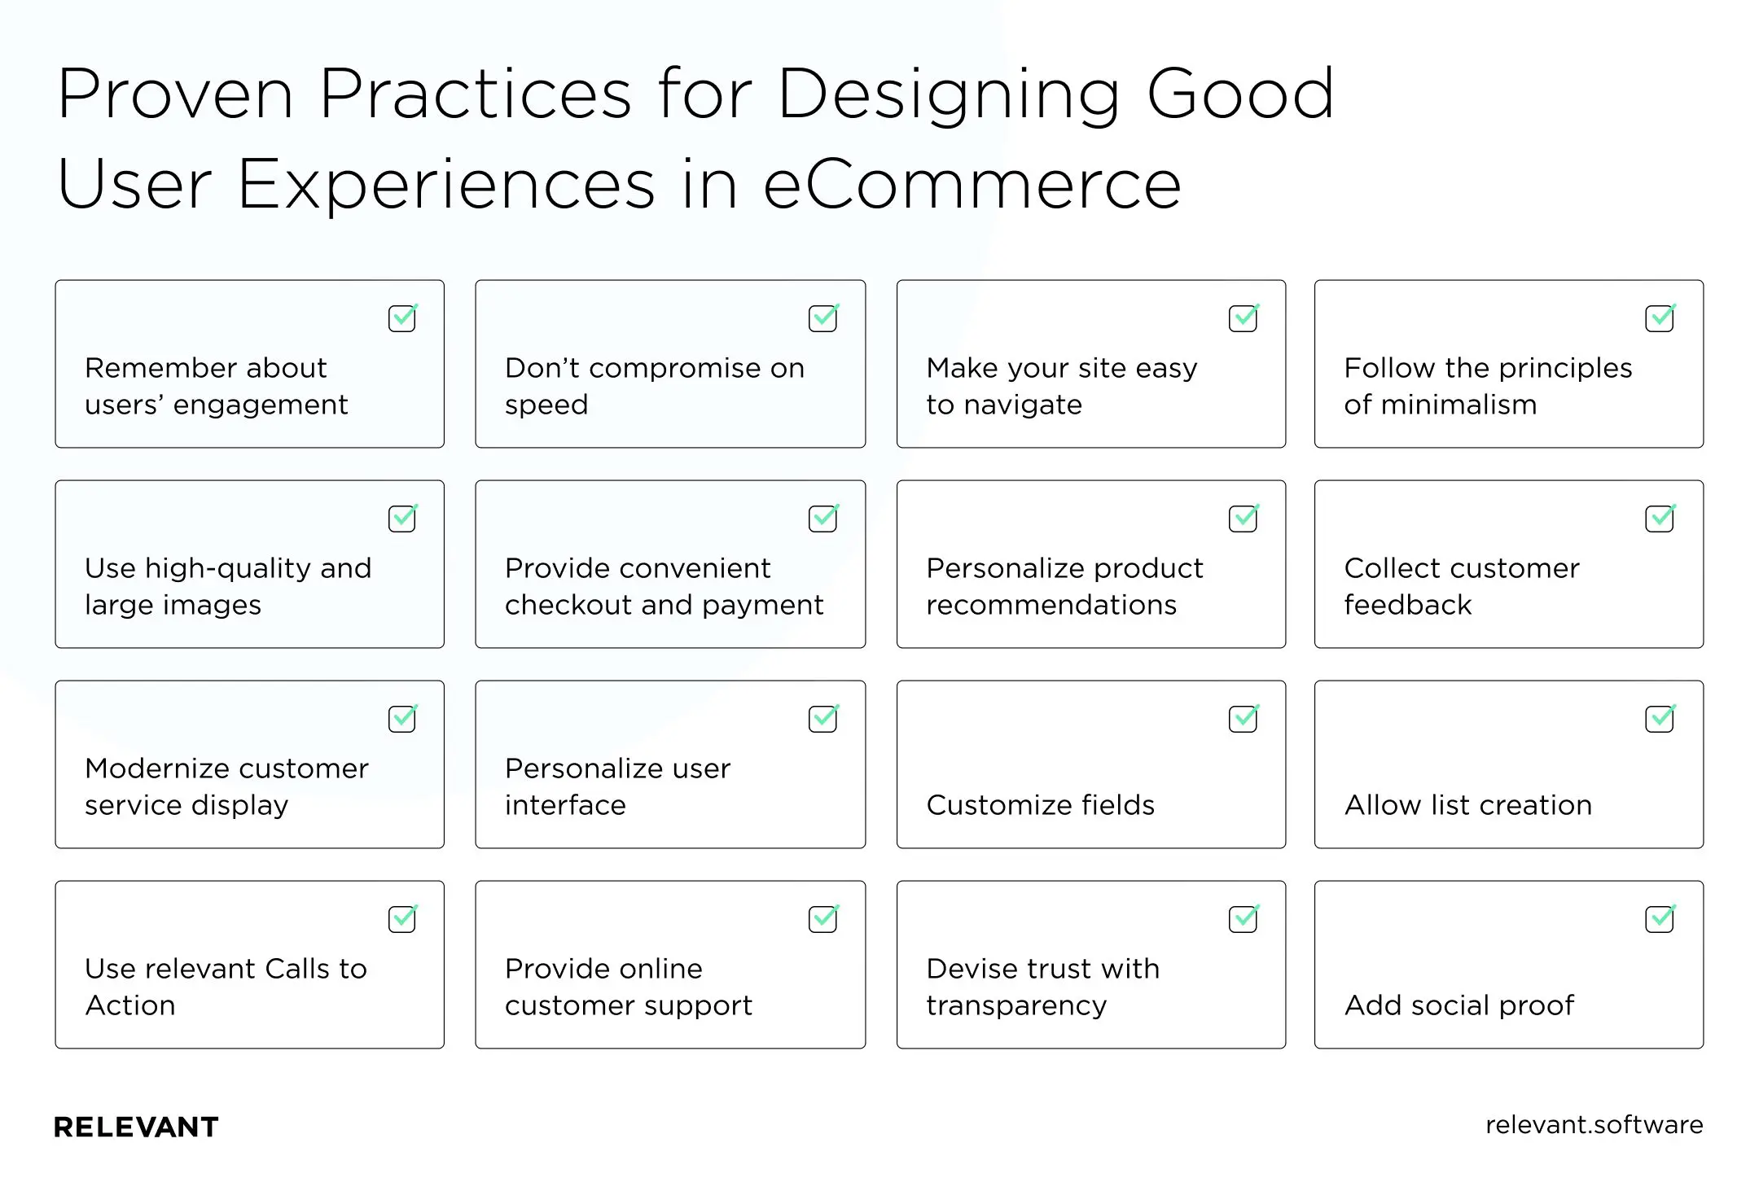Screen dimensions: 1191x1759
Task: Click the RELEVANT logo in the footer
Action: tap(136, 1127)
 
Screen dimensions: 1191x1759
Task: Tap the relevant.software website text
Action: tap(1594, 1124)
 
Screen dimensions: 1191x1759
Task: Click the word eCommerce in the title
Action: tap(972, 185)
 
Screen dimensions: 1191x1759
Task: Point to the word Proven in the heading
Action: tap(175, 94)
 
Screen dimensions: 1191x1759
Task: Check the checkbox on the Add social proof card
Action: tap(1659, 919)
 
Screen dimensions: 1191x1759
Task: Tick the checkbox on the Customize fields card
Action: tap(1243, 719)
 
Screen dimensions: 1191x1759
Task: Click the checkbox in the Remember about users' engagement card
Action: tap(402, 318)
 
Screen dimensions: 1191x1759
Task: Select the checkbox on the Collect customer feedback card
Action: tap(1659, 519)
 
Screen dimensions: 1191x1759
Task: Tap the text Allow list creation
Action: tap(1467, 805)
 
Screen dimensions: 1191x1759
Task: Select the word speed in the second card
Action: tap(546, 405)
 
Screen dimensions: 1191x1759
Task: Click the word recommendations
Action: tap(1051, 605)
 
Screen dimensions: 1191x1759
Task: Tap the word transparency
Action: tap(1016, 1005)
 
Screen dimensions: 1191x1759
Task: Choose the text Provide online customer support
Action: tap(628, 987)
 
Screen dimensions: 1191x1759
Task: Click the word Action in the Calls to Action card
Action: tap(130, 1005)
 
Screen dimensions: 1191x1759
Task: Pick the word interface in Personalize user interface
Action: tap(565, 805)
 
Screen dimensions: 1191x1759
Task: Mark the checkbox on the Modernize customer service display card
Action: tap(402, 719)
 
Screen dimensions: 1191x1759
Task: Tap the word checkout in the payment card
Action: tap(568, 605)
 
